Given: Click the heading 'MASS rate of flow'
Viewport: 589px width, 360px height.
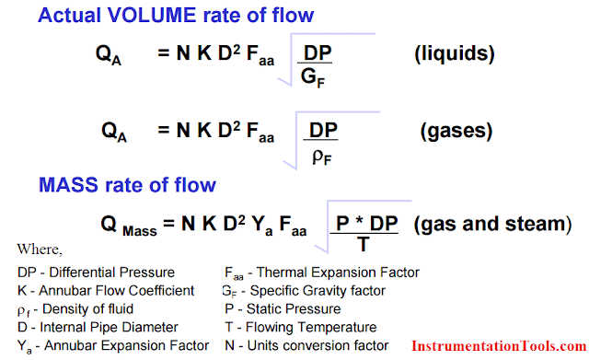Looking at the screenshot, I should pyautogui.click(x=127, y=185).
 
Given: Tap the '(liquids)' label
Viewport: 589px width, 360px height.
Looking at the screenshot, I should pyautogui.click(x=456, y=53).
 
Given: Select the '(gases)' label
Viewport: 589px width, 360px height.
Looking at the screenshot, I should pyautogui.click(x=457, y=131).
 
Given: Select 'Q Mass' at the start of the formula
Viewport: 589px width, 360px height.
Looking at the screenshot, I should pyautogui.click(x=128, y=225).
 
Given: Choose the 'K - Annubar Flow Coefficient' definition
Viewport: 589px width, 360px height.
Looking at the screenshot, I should pyautogui.click(x=106, y=291).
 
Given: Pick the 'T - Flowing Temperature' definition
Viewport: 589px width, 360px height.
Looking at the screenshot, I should pyautogui.click(x=300, y=328).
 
